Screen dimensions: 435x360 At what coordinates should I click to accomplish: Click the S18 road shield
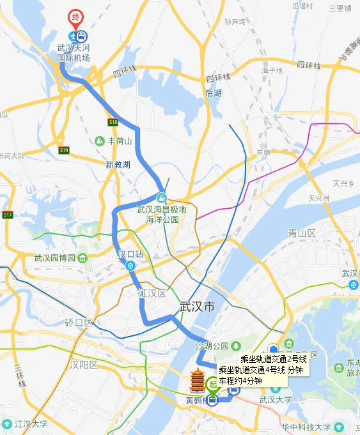[113, 121]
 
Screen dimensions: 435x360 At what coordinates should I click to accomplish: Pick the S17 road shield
[7, 215]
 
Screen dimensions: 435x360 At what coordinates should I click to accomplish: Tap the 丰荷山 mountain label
[119, 141]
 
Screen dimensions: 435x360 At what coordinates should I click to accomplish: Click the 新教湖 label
[118, 165]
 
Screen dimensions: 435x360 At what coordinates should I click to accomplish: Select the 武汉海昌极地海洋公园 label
[161, 213]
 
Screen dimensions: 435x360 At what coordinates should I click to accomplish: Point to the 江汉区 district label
[152, 293]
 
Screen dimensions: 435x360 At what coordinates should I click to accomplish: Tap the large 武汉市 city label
[199, 307]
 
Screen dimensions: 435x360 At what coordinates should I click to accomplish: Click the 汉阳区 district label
[84, 365]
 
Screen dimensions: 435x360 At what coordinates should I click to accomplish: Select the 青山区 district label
[302, 233]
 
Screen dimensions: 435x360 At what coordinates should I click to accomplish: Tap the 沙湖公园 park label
[212, 346]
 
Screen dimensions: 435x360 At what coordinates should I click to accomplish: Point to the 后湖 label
[214, 93]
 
